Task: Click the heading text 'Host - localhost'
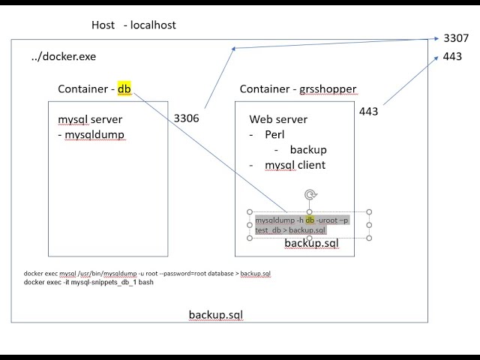133,25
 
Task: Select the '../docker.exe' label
64,57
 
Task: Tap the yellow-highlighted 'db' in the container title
124,89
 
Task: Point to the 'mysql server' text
90,120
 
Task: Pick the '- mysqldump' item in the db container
91,135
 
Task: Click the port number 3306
186,118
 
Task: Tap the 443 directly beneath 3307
452,57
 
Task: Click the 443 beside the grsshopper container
368,112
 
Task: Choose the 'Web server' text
278,120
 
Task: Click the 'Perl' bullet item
274,135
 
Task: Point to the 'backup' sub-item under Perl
308,150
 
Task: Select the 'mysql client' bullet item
295,165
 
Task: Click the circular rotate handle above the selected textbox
310,195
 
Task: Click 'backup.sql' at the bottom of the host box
215,314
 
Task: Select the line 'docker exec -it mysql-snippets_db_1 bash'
88,283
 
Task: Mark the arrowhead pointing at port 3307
437,39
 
